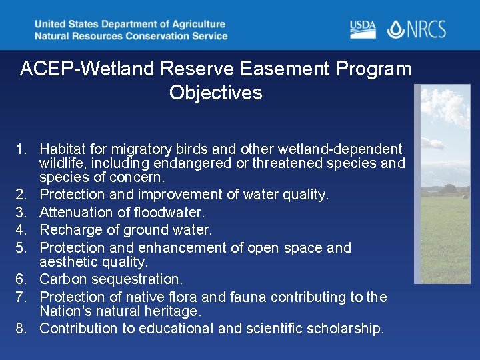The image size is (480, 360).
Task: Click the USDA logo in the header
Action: point(363,29)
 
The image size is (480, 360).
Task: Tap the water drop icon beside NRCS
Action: point(396,29)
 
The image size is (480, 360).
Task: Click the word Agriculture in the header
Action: point(194,24)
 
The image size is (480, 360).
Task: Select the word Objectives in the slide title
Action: point(215,93)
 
